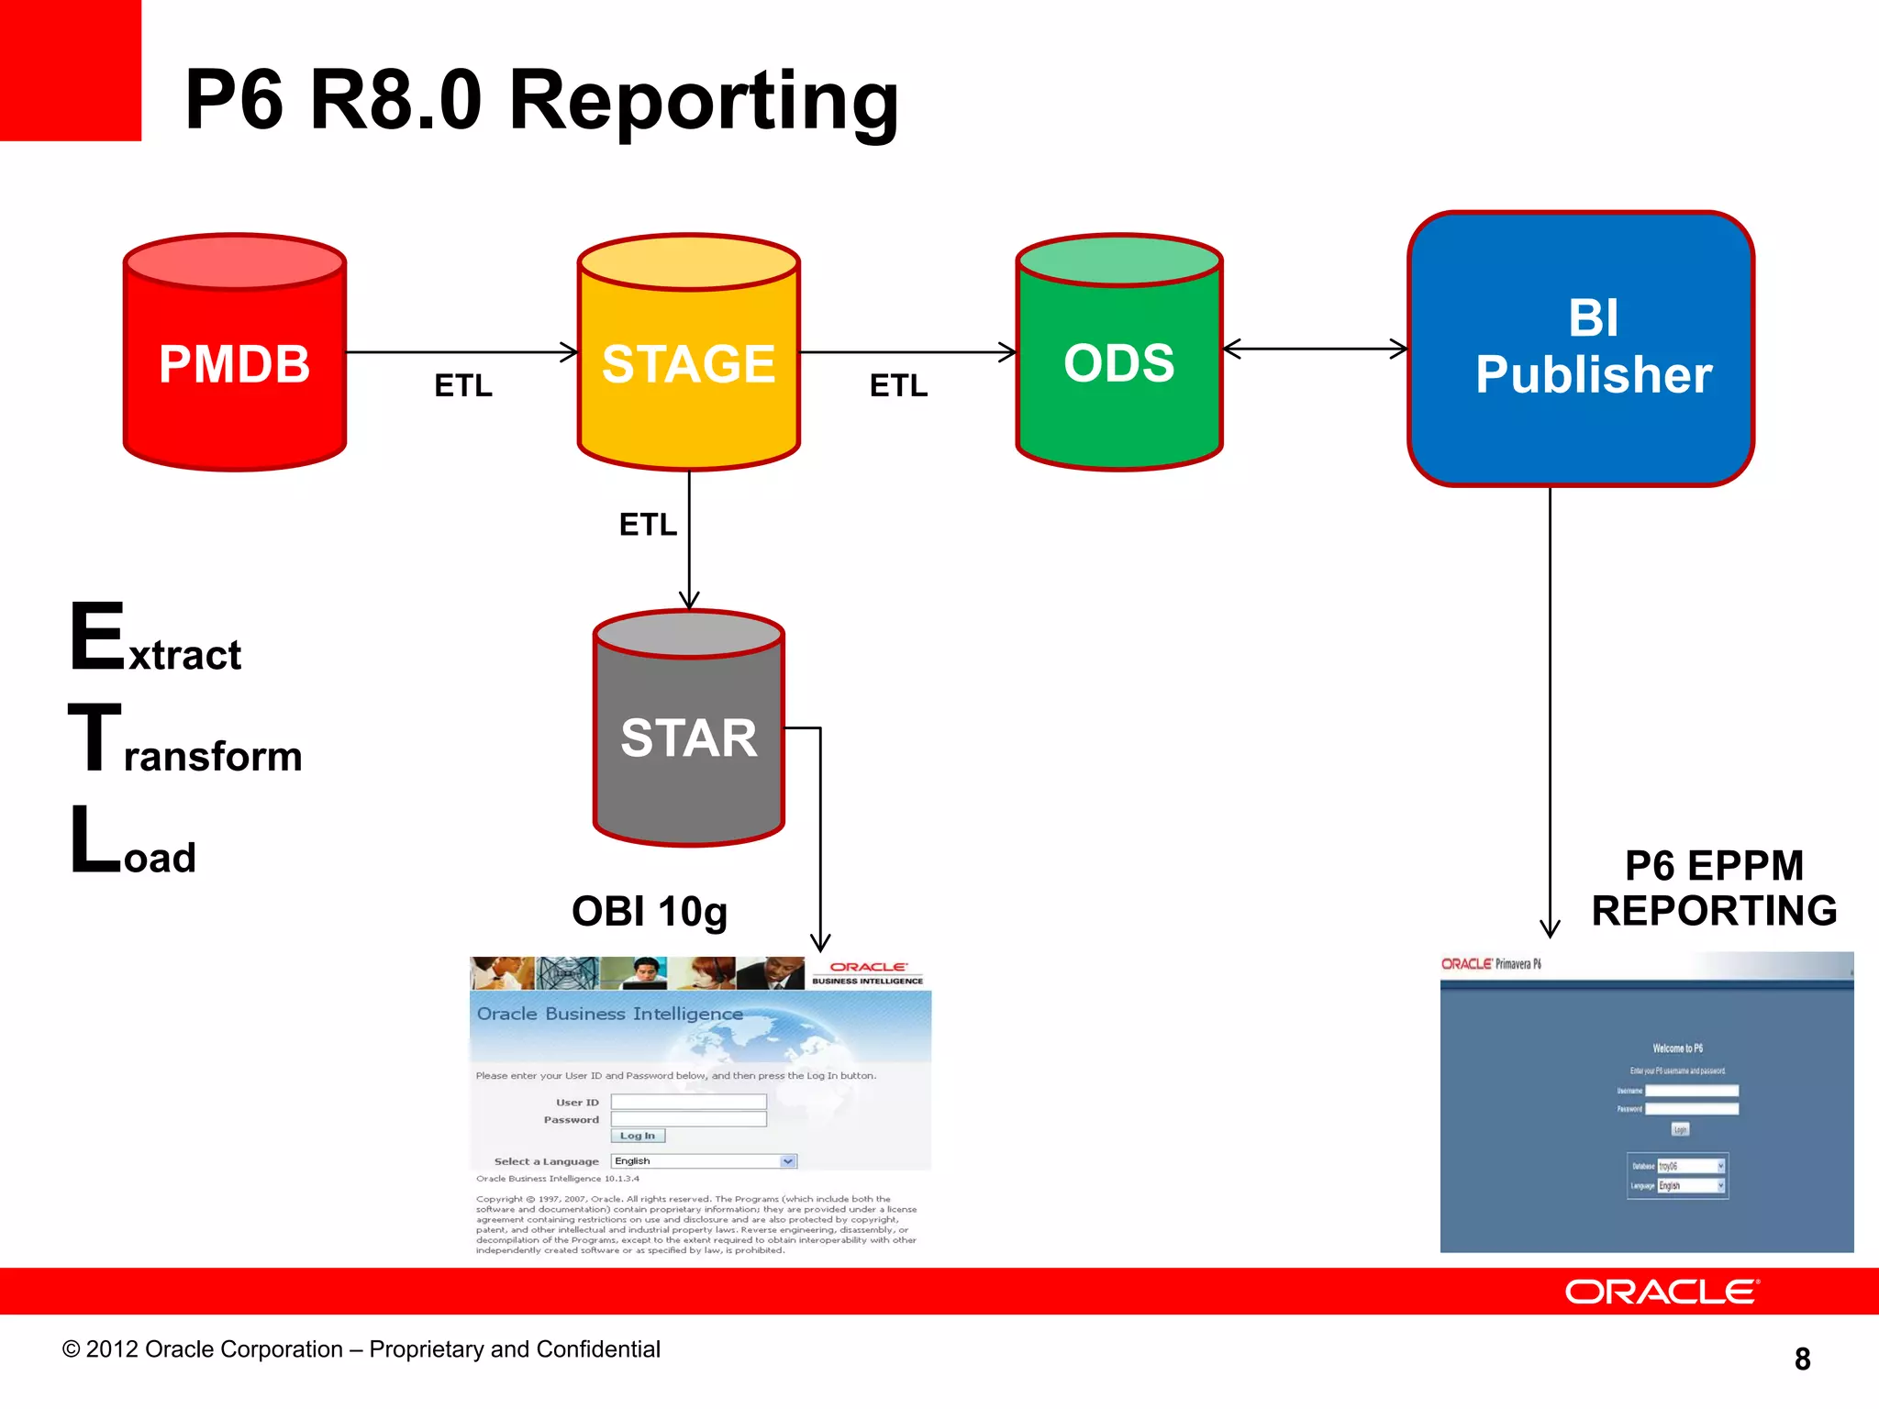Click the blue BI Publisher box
(x=1580, y=349)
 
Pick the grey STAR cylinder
(x=688, y=738)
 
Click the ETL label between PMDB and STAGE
(x=463, y=385)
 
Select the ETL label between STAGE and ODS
(x=898, y=385)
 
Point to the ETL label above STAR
(x=648, y=525)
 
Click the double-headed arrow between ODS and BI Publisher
(x=1316, y=349)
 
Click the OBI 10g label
(x=650, y=912)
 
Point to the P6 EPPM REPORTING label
(x=1713, y=888)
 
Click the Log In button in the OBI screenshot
(x=638, y=1136)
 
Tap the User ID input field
(x=688, y=1102)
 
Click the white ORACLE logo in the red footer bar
(x=1662, y=1292)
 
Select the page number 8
(x=1802, y=1359)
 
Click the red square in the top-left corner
(x=70, y=70)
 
